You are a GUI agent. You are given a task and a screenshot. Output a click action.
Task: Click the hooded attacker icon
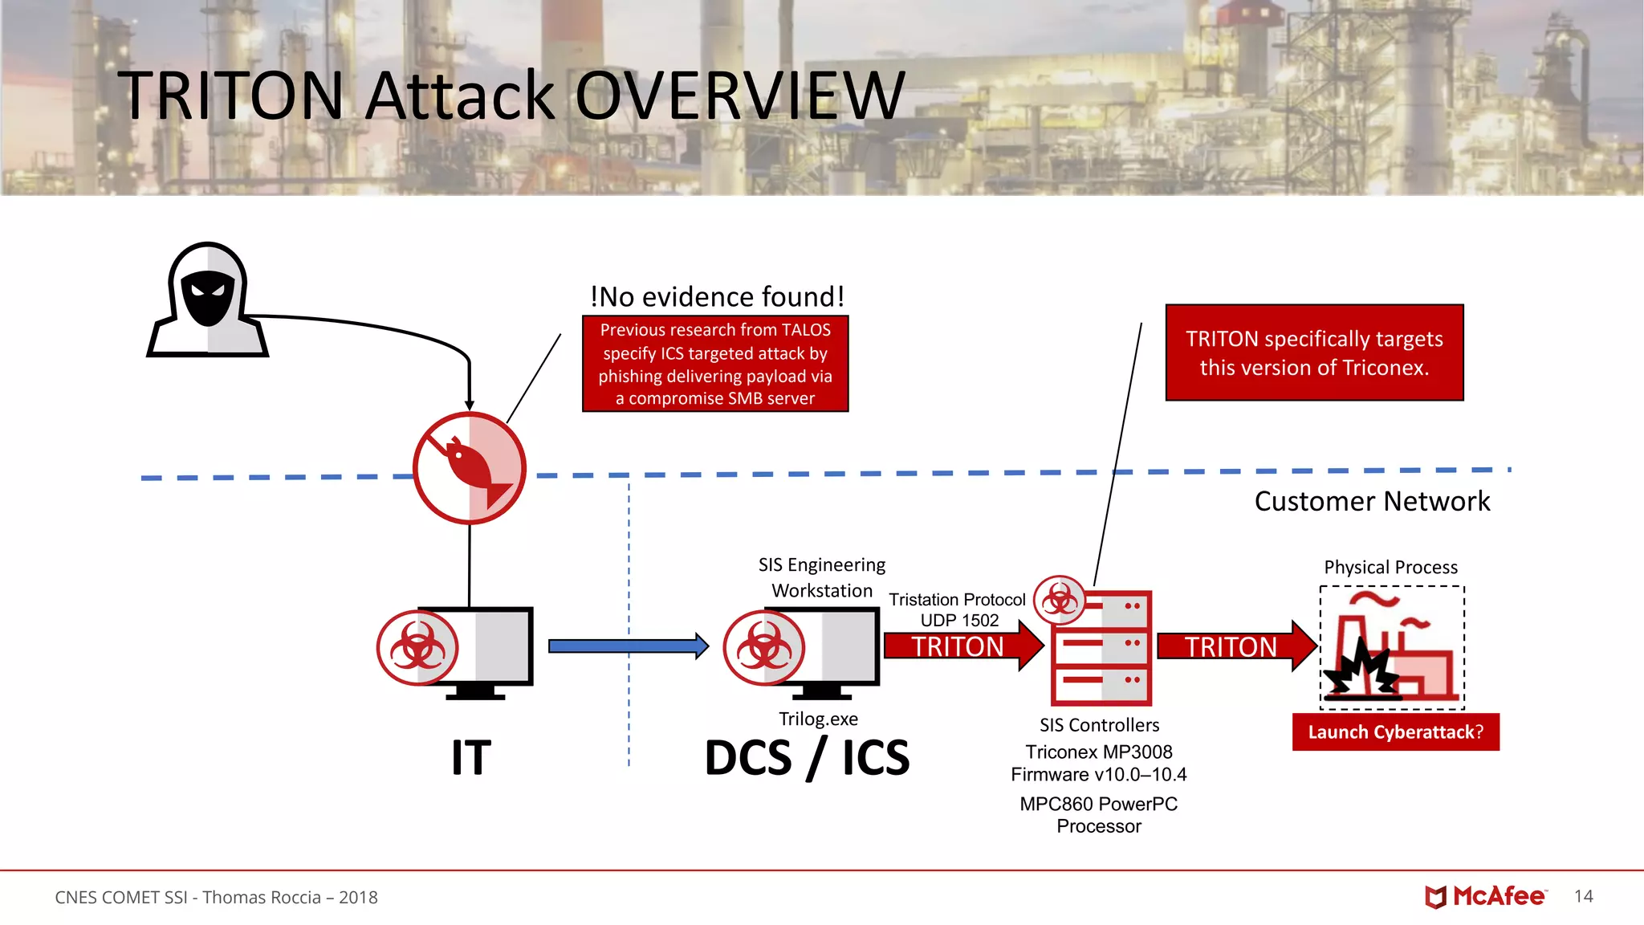point(207,301)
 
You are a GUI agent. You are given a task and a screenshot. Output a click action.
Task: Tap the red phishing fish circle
point(470,468)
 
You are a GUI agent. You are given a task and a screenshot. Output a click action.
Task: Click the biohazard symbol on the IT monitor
point(417,647)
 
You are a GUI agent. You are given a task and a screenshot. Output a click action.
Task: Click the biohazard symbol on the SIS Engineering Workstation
point(763,647)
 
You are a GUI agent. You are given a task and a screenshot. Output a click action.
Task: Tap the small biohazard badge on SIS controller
point(1060,600)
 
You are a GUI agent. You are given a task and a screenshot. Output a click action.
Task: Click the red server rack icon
point(1101,647)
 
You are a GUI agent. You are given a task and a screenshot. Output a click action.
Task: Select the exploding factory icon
point(1391,647)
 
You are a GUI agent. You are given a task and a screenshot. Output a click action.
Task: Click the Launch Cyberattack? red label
point(1395,732)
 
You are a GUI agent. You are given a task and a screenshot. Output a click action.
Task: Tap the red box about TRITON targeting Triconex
point(1314,352)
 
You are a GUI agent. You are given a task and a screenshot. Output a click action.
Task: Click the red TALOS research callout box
point(715,364)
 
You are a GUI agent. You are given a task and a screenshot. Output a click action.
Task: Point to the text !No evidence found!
point(717,297)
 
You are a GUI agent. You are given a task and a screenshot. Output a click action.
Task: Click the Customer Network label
point(1372,501)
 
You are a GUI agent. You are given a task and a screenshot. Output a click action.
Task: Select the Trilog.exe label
point(818,719)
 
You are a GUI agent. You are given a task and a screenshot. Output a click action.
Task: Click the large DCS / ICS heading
point(807,758)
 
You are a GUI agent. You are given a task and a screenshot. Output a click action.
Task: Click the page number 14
point(1583,896)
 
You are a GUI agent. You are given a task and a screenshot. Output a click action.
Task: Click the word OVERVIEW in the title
point(740,96)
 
